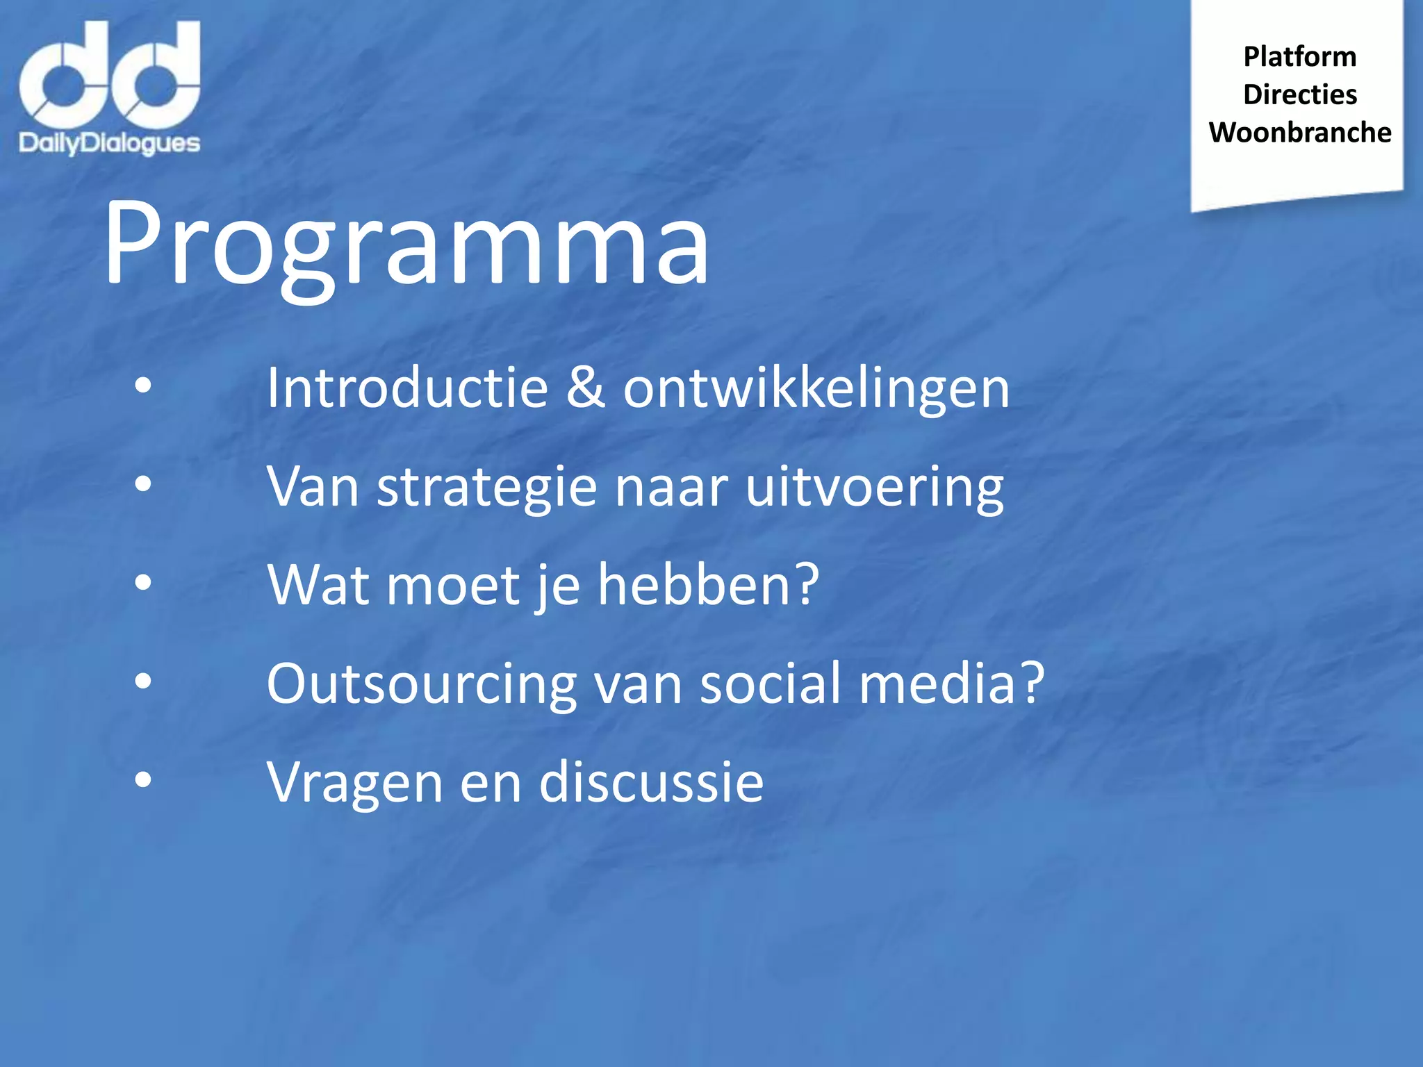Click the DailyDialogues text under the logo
(110, 144)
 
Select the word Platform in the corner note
(1299, 57)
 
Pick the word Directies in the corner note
(1299, 94)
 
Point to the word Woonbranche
(1299, 133)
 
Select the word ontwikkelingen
(816, 389)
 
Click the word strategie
(486, 488)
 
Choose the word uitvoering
(874, 488)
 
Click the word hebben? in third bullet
(709, 585)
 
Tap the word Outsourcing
(421, 685)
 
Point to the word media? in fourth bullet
(952, 684)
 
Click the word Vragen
(354, 784)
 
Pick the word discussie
(651, 782)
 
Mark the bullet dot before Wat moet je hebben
(143, 582)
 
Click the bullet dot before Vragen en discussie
(143, 780)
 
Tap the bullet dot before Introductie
(143, 385)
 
